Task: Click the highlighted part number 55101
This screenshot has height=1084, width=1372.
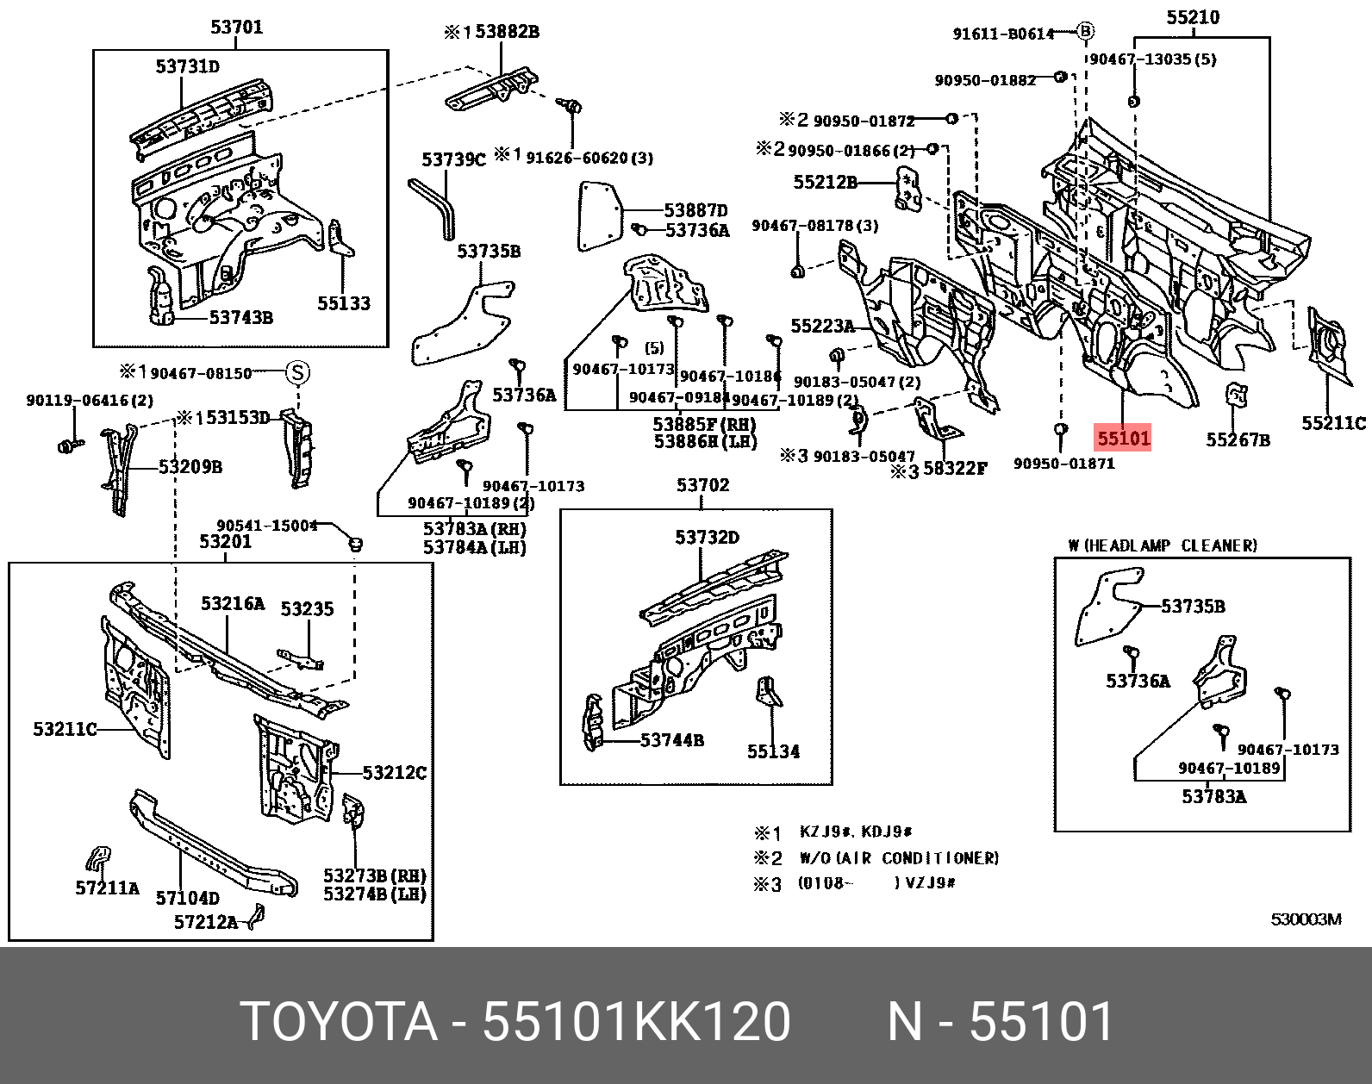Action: [x=1123, y=439]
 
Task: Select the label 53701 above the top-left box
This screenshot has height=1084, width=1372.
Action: [x=236, y=28]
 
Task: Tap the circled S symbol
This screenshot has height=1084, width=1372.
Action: [x=296, y=373]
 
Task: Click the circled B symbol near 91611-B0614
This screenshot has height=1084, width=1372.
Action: [x=1086, y=32]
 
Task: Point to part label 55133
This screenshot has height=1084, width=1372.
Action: [x=343, y=303]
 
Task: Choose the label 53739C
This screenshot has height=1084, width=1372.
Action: [x=453, y=159]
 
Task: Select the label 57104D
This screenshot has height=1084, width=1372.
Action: [x=187, y=898]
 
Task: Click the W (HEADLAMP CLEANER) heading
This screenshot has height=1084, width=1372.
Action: [x=1162, y=545]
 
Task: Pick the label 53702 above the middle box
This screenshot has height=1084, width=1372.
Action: [x=702, y=485]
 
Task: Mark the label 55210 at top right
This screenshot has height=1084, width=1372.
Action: [x=1193, y=17]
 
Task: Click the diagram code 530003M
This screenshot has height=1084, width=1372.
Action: [x=1306, y=919]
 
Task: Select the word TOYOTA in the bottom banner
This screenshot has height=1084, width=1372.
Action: [x=339, y=1022]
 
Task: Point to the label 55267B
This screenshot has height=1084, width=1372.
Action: [x=1238, y=440]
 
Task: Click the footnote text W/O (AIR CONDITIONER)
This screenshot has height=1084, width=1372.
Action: [x=899, y=858]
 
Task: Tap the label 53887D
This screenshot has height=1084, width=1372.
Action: [x=696, y=210]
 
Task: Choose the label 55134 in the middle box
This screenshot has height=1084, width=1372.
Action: [x=773, y=751]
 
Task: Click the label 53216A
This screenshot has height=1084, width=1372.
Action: [x=233, y=603]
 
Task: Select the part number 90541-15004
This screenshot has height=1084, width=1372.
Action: [x=266, y=526]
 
